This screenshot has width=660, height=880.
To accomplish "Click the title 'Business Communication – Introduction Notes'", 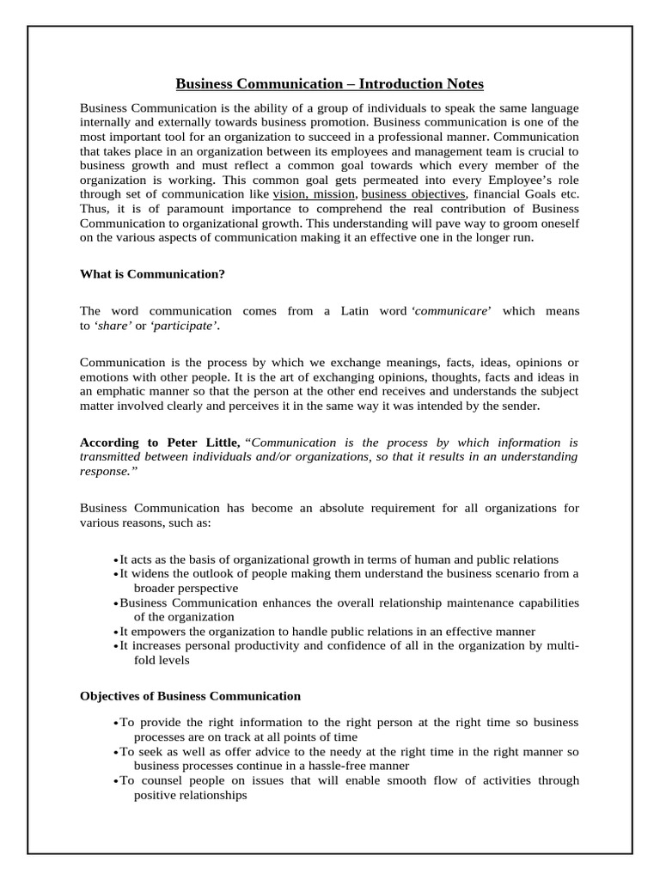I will pyautogui.click(x=330, y=83).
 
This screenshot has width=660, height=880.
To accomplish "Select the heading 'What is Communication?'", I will pyautogui.click(x=152, y=274).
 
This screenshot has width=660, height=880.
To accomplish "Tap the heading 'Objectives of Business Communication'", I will pyautogui.click(x=190, y=695).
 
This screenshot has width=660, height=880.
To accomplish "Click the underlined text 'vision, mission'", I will pyautogui.click(x=313, y=195).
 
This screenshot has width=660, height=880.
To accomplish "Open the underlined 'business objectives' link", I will pyautogui.click(x=413, y=195).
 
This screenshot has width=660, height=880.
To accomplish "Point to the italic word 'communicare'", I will pyautogui.click(x=453, y=311).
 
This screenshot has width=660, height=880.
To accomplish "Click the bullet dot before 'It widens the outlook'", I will pyautogui.click(x=115, y=574).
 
